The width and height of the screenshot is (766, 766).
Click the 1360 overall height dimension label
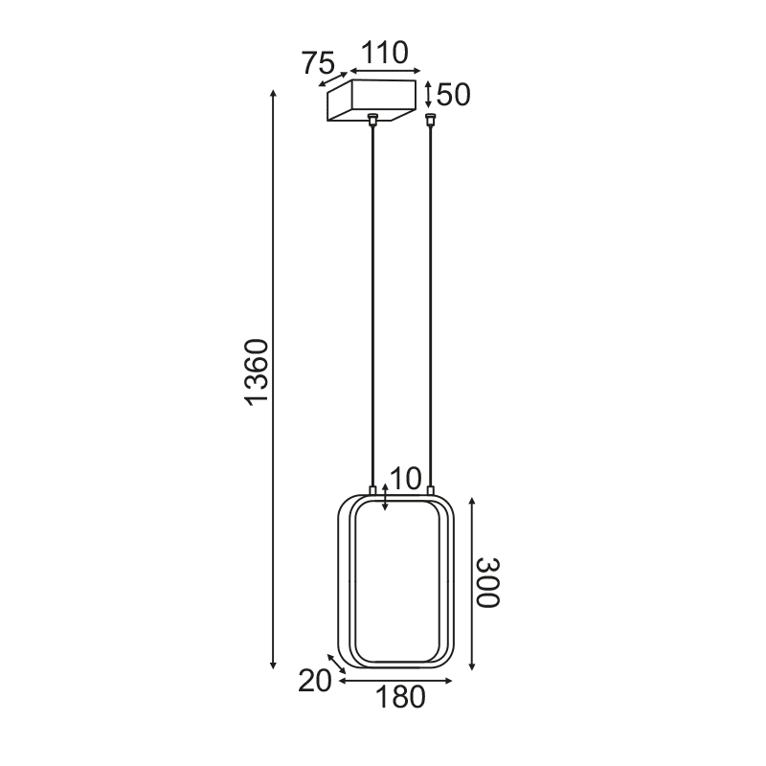point(257,372)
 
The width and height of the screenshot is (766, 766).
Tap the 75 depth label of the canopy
point(317,64)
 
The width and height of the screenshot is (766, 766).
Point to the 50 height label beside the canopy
point(454,95)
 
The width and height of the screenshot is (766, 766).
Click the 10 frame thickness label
point(406,477)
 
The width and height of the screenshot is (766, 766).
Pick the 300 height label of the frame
point(488,582)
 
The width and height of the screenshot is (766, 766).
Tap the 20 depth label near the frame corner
point(314,682)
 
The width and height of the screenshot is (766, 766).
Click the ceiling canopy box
point(373,101)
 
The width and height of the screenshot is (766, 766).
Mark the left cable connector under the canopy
point(372,120)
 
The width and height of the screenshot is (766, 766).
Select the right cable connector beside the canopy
point(431,120)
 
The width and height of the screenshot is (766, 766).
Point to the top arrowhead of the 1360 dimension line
point(274,94)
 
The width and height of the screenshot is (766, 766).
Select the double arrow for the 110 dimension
point(385,71)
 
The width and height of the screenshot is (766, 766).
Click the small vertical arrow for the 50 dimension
point(428,95)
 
